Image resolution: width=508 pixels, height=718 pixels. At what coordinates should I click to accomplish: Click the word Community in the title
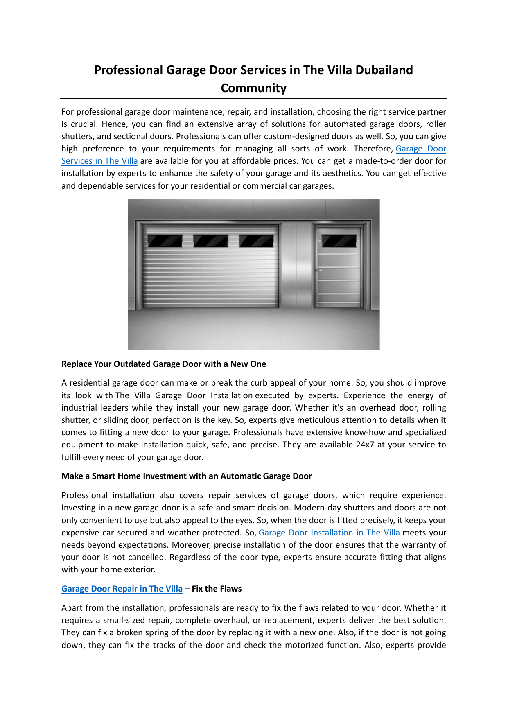click(x=253, y=88)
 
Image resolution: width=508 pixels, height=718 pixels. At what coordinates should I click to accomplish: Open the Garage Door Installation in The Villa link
click(x=329, y=533)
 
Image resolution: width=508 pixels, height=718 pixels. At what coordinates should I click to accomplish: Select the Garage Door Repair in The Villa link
click(x=122, y=589)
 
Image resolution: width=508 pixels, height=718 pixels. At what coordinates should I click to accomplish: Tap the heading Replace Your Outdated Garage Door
click(x=164, y=364)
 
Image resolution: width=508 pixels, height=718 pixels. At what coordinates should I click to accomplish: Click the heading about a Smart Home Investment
click(x=186, y=476)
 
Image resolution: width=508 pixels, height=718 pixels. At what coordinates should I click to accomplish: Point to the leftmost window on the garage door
click(x=165, y=241)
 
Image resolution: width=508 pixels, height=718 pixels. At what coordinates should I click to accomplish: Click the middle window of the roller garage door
click(x=210, y=241)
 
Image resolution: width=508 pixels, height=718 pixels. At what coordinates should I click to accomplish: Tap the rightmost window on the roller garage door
click(x=256, y=241)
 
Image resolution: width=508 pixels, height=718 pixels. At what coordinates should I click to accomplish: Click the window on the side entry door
click(x=339, y=241)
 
